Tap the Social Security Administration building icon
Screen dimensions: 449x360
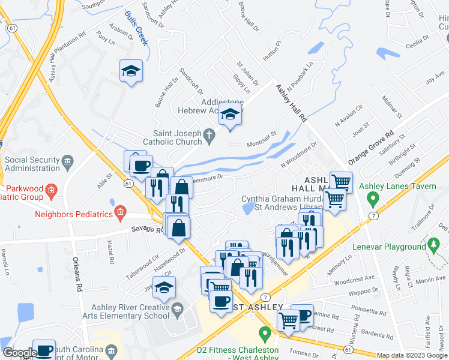coord(67,160)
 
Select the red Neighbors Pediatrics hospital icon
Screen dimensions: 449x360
coord(121,211)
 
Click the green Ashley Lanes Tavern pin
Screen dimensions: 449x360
coord(373,197)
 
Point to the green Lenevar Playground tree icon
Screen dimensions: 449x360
coord(433,244)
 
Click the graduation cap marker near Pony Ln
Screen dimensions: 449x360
coord(131,71)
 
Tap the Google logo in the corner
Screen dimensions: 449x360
coord(20,353)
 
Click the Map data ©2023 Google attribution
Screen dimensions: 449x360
coord(412,355)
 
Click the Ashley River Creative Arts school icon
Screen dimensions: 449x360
coord(176,310)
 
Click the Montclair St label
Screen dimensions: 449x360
coord(261,139)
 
